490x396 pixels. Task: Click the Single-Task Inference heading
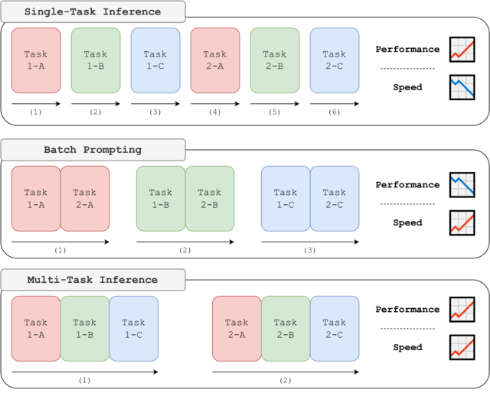click(x=93, y=11)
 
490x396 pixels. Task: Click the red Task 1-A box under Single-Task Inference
click(x=36, y=60)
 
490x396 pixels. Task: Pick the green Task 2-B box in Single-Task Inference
click(x=275, y=60)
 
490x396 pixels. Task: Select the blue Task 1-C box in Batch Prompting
click(x=286, y=198)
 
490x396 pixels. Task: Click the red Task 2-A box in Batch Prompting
click(x=86, y=198)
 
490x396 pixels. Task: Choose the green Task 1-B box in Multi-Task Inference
click(x=85, y=329)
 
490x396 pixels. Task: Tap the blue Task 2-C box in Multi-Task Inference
click(x=335, y=329)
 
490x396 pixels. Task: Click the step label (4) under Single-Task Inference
click(x=214, y=112)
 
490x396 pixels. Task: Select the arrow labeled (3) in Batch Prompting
click(x=310, y=242)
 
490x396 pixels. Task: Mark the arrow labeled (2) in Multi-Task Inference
click(x=286, y=372)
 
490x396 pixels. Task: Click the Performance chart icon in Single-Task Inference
click(x=463, y=49)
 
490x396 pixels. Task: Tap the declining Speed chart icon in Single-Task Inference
click(x=463, y=87)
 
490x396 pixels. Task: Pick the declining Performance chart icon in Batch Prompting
click(x=463, y=185)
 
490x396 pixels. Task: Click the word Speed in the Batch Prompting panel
click(x=407, y=223)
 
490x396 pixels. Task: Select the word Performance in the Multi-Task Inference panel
click(x=407, y=310)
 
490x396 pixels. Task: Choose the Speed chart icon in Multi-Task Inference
click(x=463, y=348)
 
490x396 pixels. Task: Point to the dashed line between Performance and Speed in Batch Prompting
click(x=407, y=204)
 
